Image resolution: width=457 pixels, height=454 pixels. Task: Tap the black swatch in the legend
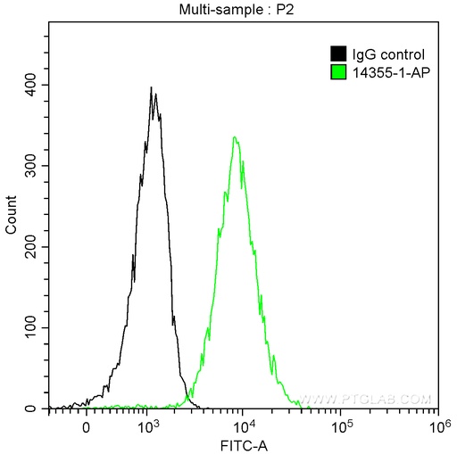click(338, 54)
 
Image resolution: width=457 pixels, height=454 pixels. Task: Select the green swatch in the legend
click(338, 71)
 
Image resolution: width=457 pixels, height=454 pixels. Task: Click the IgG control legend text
click(383, 54)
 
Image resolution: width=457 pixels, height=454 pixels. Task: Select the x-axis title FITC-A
click(242, 442)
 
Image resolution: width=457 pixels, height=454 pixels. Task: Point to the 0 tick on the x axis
click(86, 426)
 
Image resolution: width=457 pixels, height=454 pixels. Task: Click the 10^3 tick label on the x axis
click(147, 425)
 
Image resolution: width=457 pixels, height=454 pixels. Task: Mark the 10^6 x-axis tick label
click(436, 425)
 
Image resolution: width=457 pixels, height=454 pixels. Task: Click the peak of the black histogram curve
click(153, 88)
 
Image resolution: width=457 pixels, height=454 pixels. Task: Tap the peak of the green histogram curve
click(234, 137)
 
